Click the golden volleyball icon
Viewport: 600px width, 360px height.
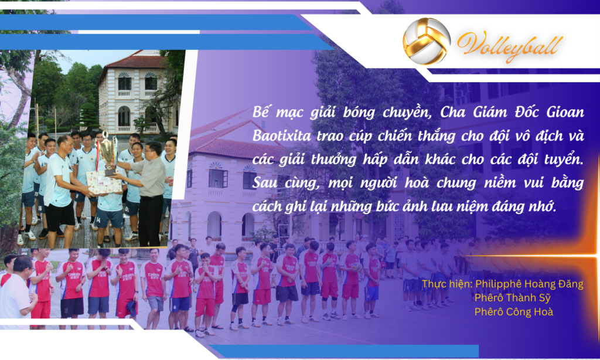427,41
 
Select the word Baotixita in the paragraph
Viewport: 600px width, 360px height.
282,136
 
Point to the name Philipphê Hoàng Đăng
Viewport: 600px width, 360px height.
529,284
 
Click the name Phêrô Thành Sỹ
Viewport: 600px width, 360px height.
512,298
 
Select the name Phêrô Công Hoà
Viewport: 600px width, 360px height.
513,312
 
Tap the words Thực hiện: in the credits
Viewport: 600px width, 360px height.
447,284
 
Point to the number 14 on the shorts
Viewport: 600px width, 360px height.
98,220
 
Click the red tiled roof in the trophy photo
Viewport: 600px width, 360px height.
134,62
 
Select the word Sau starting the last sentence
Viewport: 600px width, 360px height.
265,183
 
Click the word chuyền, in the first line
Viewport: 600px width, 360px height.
407,112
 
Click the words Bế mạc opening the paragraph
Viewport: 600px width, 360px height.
277,112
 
